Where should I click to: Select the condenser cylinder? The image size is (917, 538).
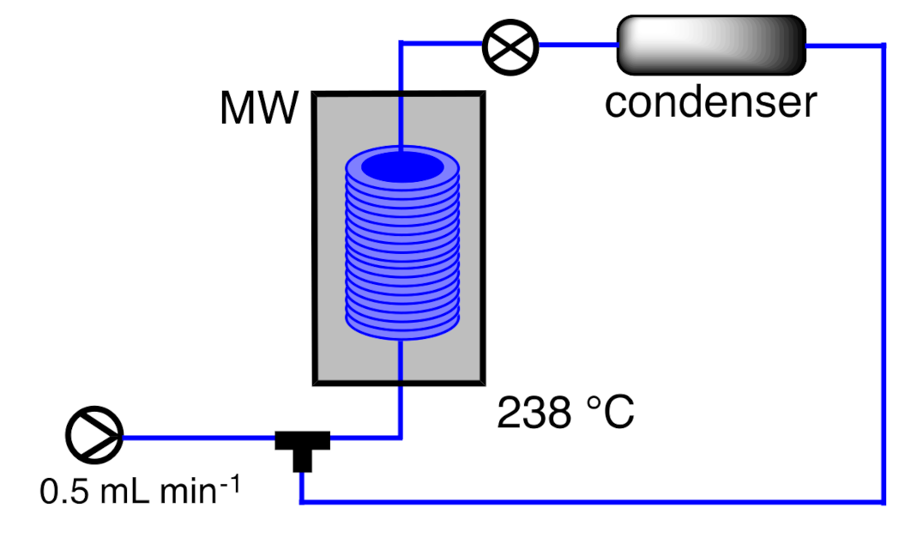710,45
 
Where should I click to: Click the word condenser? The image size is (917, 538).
710,102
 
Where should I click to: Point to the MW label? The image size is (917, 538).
259,109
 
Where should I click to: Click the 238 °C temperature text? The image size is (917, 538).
565,414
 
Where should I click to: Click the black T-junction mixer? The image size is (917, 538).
301,445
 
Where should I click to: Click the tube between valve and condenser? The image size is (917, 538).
577,45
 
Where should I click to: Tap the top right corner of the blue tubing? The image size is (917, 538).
883,45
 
